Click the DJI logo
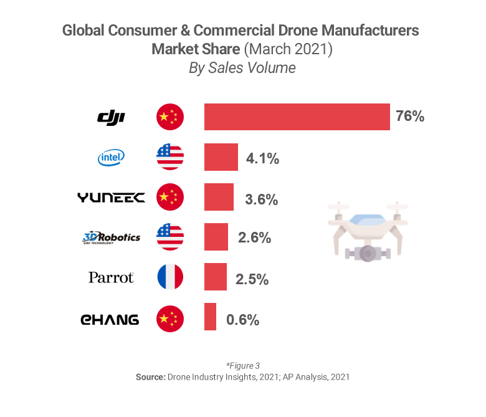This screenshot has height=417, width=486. click(x=112, y=117)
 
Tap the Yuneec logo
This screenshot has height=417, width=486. click(x=111, y=198)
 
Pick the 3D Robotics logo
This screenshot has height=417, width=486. click(x=111, y=237)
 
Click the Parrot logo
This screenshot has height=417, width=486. click(x=111, y=277)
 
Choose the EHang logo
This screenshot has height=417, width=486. click(x=110, y=320)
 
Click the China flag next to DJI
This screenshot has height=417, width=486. click(x=170, y=117)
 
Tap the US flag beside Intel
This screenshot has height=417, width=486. click(x=170, y=157)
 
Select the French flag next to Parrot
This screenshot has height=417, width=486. click(x=170, y=277)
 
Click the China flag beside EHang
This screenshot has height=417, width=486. click(x=170, y=319)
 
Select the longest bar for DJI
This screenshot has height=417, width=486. click(x=297, y=117)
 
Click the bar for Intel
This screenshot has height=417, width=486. click(x=221, y=157)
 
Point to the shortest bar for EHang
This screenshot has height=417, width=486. click(x=211, y=317)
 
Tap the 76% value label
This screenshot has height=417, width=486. click(x=410, y=117)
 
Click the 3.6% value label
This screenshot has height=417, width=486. click(x=262, y=199)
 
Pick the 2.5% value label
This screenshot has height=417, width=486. click(x=252, y=279)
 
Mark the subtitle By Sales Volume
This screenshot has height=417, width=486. click(x=242, y=68)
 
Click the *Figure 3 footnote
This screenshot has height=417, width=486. click(x=242, y=366)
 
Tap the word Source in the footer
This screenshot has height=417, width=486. click(x=150, y=377)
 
